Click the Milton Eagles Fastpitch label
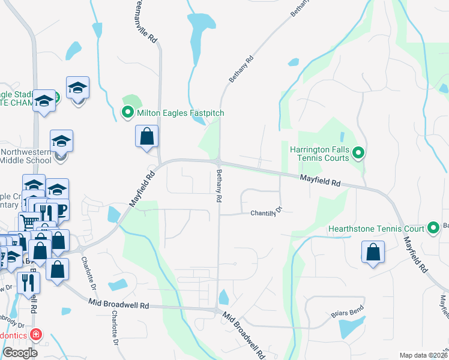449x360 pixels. [x=176, y=112]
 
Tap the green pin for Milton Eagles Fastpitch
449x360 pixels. [x=127, y=112]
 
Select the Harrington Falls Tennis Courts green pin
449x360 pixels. [x=358, y=154]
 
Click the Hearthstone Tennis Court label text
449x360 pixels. [x=376, y=229]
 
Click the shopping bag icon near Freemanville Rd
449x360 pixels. [x=146, y=137]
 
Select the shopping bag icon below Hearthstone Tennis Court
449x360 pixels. [x=373, y=254]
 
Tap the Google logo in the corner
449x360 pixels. [x=20, y=353]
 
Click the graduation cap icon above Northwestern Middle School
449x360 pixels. [x=61, y=142]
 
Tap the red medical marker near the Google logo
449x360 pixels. [x=36, y=334]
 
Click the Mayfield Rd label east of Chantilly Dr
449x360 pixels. [x=320, y=179]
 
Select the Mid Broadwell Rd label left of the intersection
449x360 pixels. [x=118, y=304]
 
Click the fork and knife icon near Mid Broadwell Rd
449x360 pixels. [x=28, y=282]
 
